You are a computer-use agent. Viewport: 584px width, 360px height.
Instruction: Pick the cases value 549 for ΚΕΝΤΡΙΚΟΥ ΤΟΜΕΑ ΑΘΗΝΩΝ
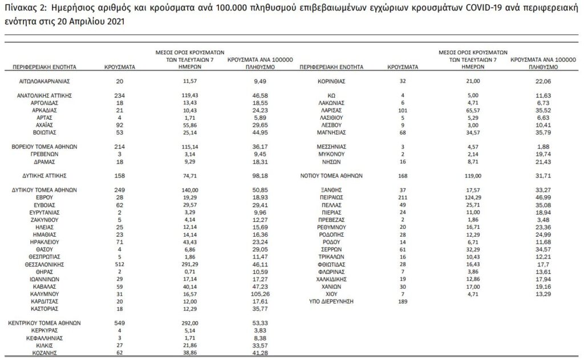[119, 323]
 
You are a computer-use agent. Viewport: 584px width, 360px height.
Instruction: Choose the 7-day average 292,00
[190, 323]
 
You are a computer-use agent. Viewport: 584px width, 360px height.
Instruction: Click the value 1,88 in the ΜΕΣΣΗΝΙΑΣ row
[534, 147]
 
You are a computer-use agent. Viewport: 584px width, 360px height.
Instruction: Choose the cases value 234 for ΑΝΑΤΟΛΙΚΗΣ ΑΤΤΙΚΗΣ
[119, 95]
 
